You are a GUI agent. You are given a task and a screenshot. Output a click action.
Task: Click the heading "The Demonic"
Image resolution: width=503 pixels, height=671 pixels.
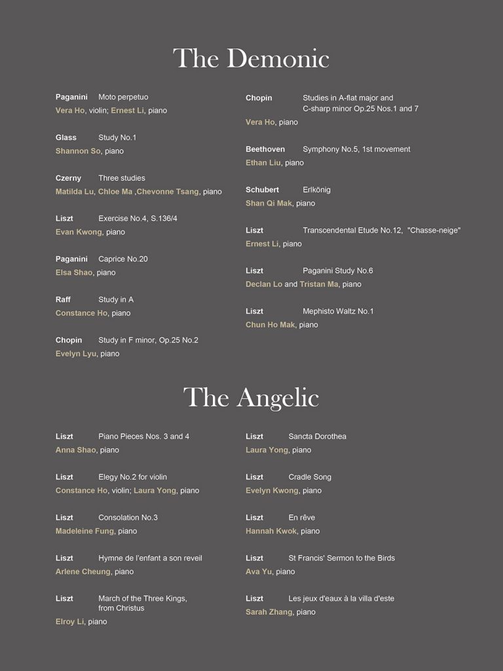pos(251,59)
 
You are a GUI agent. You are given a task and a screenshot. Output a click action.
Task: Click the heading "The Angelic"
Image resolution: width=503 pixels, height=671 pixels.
pos(251,398)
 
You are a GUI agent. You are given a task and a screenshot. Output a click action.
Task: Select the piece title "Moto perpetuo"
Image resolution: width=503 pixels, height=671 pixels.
pos(123,97)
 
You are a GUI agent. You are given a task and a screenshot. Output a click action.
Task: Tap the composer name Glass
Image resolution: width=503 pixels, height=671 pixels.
pos(65,138)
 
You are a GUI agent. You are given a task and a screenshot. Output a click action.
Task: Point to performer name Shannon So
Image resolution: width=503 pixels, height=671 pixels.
pos(78,151)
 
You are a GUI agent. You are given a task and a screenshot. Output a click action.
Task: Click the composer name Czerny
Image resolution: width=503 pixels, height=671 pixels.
pos(68,178)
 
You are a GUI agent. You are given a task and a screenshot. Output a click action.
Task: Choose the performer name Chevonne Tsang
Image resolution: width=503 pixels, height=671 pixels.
pos(167,192)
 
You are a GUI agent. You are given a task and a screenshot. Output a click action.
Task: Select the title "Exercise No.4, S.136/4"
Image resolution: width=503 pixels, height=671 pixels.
pos(138,219)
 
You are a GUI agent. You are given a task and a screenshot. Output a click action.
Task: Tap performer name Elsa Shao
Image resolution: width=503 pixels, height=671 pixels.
pos(74,273)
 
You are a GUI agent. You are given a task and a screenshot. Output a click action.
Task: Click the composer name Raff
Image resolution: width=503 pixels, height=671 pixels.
pos(63,300)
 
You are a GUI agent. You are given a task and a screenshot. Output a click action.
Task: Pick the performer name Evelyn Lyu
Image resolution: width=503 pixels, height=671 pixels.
pos(76,354)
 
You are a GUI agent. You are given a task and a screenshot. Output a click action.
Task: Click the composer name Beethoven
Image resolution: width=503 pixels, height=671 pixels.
pos(265,149)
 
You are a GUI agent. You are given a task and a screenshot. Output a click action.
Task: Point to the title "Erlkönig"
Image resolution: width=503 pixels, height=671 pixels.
pos(316,190)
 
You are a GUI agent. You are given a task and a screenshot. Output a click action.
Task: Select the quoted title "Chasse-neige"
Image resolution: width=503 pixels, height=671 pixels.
pos(434,231)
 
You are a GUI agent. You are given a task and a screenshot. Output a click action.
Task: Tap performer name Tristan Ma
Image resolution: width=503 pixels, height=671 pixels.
pos(319,284)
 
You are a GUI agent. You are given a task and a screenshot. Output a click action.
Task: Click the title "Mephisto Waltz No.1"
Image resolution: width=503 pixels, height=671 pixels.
pos(338,311)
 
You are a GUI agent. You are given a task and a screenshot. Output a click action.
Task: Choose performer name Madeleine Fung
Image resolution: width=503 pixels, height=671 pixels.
pos(84,531)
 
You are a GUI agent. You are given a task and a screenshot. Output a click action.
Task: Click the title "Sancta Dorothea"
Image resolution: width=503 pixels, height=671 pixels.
pos(317,436)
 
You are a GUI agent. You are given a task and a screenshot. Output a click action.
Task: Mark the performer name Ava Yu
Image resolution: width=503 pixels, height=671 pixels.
pos(259,572)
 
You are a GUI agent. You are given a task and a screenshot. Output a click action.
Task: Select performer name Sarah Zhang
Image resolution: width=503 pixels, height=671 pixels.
pos(269,612)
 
